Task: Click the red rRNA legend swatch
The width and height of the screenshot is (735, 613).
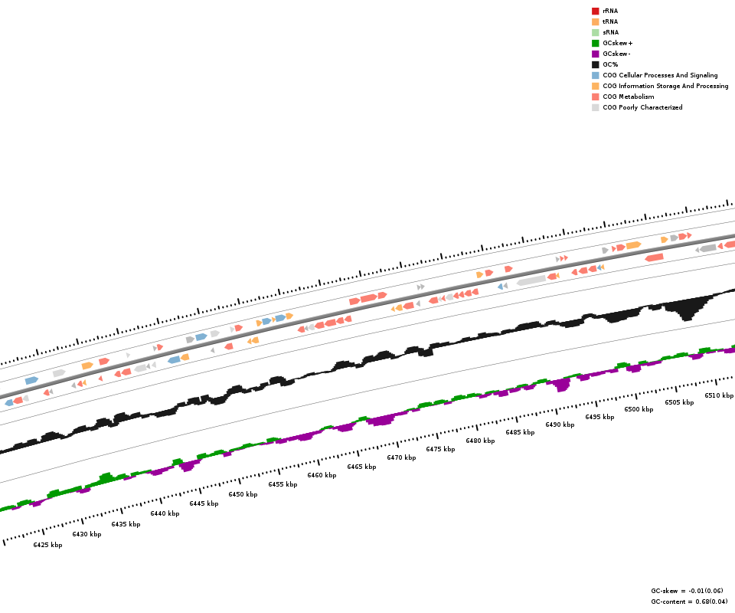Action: tap(595, 11)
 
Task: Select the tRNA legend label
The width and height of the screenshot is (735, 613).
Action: tap(610, 21)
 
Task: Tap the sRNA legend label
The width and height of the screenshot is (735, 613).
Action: tap(610, 32)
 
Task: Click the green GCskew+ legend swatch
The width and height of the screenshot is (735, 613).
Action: tap(595, 43)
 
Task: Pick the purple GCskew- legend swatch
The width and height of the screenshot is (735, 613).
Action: tap(595, 54)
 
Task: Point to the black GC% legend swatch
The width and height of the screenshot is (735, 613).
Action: tap(595, 64)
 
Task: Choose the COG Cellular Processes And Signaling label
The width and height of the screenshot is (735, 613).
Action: tap(660, 75)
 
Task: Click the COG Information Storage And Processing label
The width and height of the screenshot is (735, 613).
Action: tap(665, 86)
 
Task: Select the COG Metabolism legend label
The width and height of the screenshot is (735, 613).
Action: tap(628, 97)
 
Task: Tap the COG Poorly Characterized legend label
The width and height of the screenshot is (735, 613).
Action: tap(642, 107)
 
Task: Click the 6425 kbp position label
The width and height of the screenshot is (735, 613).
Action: tap(47, 545)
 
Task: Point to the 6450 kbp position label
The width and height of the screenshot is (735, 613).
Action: tap(243, 494)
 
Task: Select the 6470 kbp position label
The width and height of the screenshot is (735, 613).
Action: tap(401, 457)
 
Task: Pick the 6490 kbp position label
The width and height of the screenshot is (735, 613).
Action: tap(560, 425)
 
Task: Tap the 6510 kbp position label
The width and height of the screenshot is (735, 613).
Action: tap(719, 395)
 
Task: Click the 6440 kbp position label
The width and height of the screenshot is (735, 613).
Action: tap(165, 513)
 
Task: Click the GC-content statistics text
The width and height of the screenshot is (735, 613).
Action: tap(689, 602)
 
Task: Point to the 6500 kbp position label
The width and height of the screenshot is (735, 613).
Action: tap(639, 409)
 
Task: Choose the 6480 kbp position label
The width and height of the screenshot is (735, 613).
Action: tap(480, 441)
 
